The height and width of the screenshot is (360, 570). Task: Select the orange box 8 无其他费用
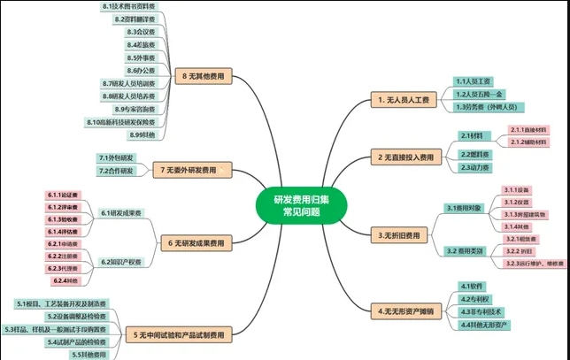[202, 77]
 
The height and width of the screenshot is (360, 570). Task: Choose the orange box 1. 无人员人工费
[401, 100]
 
